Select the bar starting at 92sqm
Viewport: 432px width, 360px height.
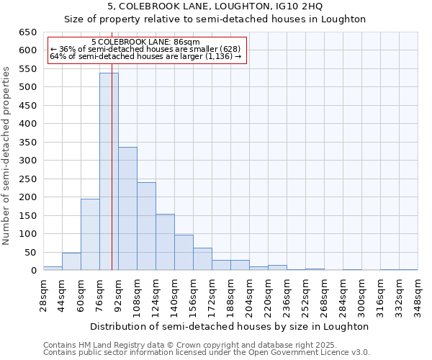click(127, 209)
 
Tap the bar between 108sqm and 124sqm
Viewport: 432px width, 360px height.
click(146, 226)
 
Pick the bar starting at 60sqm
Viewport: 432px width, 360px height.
click(90, 235)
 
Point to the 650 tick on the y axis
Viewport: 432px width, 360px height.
click(27, 32)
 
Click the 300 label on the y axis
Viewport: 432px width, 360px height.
click(27, 161)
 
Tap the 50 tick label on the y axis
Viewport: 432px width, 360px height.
click(30, 253)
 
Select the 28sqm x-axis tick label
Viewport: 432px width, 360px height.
click(43, 294)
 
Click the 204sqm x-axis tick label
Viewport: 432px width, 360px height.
click(249, 294)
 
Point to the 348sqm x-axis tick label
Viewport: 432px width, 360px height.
click(418, 294)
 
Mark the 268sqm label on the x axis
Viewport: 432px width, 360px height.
click(324, 294)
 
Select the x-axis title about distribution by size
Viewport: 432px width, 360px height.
click(230, 326)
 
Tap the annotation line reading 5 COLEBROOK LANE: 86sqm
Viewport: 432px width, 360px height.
click(146, 42)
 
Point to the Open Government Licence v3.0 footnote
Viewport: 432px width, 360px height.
click(207, 353)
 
